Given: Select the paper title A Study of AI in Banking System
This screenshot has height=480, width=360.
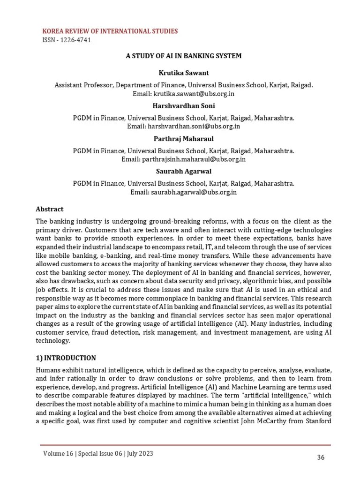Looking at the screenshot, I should [183, 56].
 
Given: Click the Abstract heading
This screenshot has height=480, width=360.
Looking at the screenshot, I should [50, 209].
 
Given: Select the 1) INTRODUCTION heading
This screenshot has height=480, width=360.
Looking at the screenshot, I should [66, 358].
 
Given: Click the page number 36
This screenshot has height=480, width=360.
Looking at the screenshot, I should [321, 457].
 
